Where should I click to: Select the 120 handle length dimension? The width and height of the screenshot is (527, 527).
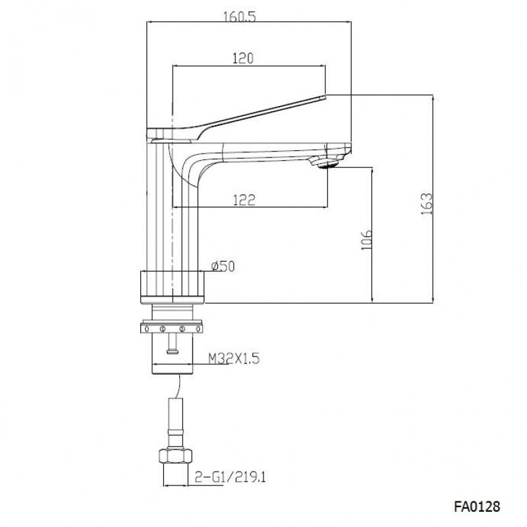(243, 59)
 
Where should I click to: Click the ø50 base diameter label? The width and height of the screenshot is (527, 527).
(223, 266)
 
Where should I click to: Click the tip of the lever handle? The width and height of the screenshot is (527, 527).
(323, 97)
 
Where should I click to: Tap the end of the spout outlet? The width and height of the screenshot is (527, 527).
(345, 149)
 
